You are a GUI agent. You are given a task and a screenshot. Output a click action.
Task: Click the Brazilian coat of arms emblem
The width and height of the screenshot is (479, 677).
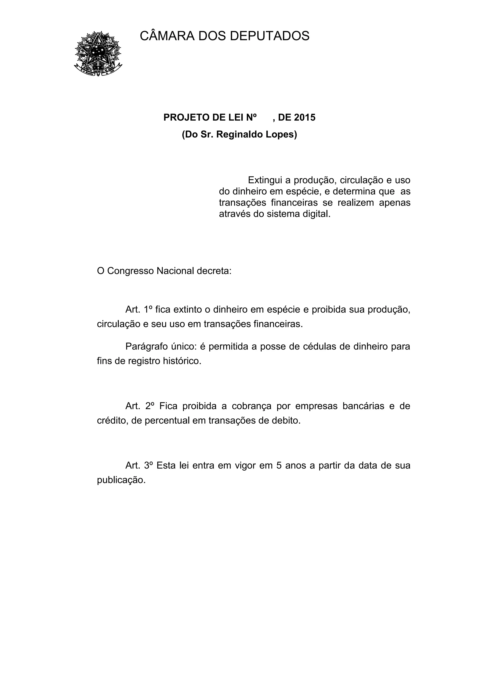98,54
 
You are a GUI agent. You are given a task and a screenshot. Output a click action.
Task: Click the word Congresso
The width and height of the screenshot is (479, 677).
130,271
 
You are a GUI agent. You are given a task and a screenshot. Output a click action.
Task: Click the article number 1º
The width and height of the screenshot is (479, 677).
148,310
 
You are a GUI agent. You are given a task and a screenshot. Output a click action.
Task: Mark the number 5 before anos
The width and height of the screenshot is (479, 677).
279,466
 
